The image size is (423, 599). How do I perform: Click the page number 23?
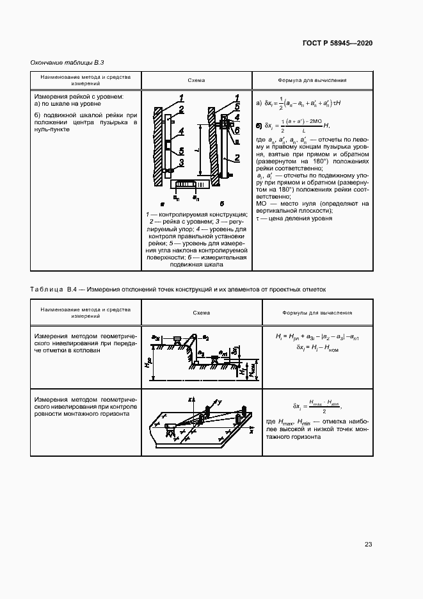pos(368,545)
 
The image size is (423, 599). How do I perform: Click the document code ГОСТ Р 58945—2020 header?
pos(337,43)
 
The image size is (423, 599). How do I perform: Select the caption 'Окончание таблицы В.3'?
pos(67,62)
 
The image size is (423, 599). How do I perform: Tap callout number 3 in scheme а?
pos(182,162)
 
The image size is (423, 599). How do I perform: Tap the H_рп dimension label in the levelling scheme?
pos(148,363)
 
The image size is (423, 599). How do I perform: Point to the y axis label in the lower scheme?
pos(219,402)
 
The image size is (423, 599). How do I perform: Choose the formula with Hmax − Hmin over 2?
pos(315,406)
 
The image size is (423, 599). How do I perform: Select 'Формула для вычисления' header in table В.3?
pos(312,81)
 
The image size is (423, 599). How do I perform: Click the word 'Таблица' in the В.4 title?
pos(47,290)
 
